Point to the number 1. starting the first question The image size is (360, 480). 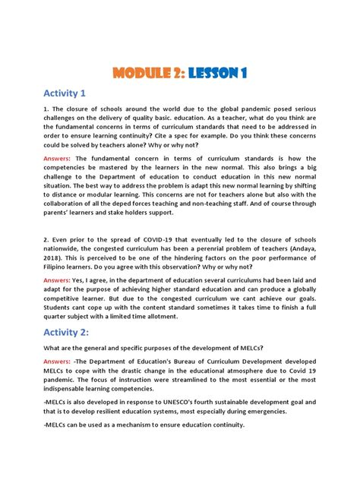(46, 109)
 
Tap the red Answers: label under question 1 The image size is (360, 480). (60, 158)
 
